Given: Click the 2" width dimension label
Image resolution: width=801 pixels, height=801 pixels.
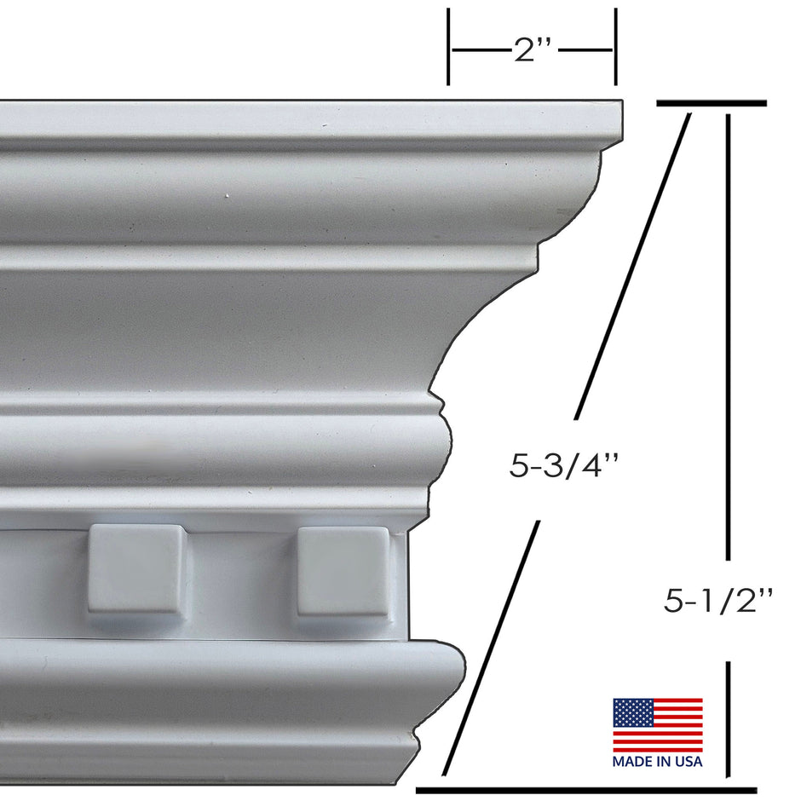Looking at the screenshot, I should (533, 51).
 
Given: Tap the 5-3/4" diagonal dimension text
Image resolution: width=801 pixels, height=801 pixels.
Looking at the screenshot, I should (563, 467).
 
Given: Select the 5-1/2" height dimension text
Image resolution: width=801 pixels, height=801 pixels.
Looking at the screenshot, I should (717, 602).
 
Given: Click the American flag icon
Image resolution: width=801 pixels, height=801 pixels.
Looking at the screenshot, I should (658, 725).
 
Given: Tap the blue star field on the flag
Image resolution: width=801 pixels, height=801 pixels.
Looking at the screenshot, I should (631, 712).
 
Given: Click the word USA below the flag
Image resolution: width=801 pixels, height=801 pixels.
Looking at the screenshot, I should (689, 761).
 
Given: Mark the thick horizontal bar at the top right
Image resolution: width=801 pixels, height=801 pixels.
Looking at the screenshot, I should (712, 103).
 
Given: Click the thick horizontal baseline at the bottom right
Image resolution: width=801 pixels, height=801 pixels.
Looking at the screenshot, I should (586, 789).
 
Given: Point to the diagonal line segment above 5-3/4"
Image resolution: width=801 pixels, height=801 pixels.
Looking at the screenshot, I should (632, 264).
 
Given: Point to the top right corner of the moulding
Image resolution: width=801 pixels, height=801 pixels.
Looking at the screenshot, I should (620, 105).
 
